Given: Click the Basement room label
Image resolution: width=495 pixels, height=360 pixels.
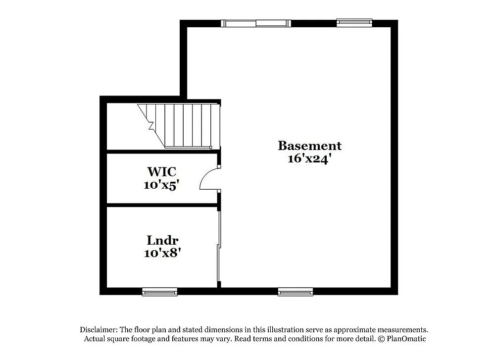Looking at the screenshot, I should (x=309, y=146).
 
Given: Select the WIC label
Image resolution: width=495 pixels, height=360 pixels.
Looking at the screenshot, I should (x=161, y=172).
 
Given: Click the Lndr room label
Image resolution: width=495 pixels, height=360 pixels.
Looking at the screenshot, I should (x=162, y=241).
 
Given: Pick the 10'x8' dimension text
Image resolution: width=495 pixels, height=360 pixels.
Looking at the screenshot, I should (x=162, y=253).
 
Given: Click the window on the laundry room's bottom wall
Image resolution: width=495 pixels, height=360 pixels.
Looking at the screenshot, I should (x=159, y=292).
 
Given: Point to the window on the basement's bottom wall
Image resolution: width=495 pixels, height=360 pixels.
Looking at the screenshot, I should (x=296, y=292).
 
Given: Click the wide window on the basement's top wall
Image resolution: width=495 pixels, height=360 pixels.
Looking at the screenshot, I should (x=255, y=23).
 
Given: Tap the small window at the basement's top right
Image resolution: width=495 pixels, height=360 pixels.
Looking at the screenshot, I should (x=354, y=22).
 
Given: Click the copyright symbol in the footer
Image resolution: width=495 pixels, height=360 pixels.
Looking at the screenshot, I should (x=381, y=339).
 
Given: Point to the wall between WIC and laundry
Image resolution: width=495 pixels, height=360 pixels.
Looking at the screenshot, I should (x=161, y=205).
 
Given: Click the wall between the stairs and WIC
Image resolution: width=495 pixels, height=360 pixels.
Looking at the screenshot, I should (x=161, y=151).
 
